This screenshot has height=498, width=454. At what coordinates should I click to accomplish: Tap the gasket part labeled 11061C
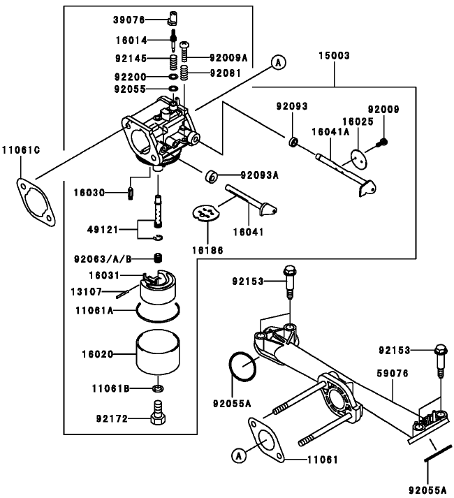[x=34, y=198]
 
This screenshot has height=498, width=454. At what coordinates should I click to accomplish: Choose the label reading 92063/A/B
[x=103, y=258]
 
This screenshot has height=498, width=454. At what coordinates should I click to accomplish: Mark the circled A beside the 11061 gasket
[x=239, y=456]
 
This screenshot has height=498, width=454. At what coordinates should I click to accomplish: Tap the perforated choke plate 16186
[x=204, y=212]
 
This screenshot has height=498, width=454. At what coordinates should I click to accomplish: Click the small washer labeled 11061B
[x=159, y=388]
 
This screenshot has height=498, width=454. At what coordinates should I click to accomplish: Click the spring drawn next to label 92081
[x=184, y=72]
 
